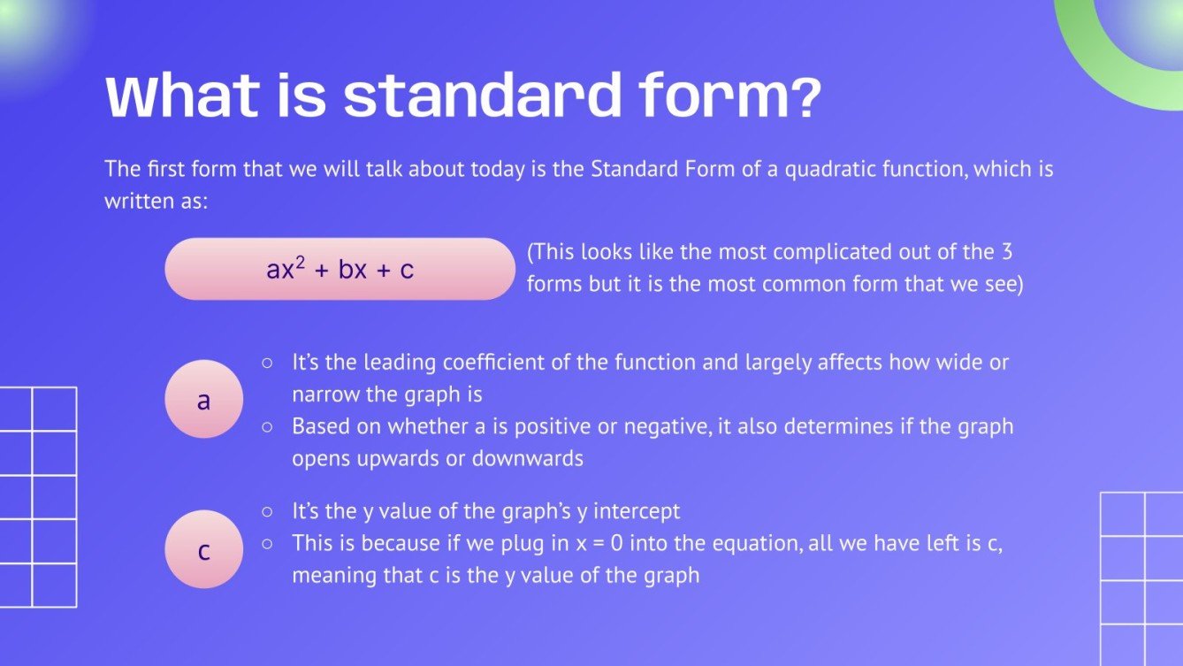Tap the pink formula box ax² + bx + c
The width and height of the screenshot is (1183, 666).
point(340,269)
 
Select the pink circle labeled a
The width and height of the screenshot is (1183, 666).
point(204,400)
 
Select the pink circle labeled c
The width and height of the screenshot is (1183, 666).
point(204,550)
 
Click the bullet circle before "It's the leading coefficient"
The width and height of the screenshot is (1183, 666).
point(267,363)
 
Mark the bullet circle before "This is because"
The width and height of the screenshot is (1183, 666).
point(267,543)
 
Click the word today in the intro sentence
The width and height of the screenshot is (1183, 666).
point(502,169)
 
